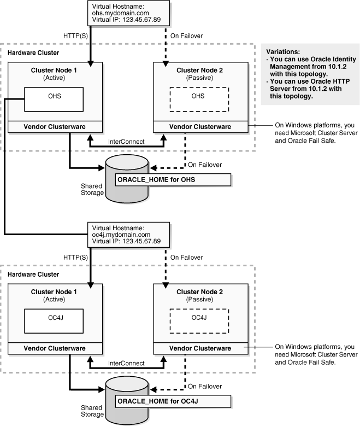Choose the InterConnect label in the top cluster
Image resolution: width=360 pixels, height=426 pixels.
(126, 142)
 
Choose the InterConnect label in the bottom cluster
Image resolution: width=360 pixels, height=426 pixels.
(126, 363)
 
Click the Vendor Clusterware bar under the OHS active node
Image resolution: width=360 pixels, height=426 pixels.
(56, 126)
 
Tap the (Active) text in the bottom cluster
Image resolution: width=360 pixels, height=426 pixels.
(56, 298)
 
